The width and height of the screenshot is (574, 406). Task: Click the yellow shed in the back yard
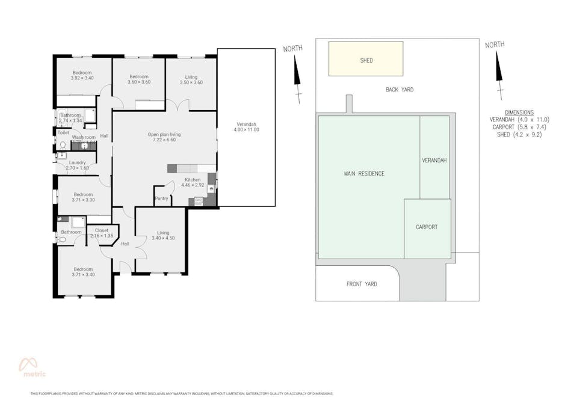click(366, 59)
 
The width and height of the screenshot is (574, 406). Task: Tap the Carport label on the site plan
click(427, 227)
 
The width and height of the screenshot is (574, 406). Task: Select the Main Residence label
click(364, 174)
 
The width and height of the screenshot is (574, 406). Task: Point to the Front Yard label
click(362, 284)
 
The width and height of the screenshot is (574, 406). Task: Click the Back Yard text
click(400, 90)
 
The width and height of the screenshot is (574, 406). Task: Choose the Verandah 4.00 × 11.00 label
click(247, 127)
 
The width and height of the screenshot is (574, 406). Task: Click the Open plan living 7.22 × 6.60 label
click(164, 137)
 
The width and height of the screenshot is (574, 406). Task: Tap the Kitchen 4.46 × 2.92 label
click(193, 183)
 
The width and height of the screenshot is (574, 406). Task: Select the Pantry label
click(161, 198)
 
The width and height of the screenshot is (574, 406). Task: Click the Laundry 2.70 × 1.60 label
click(77, 165)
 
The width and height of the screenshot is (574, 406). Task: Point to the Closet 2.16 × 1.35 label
click(101, 233)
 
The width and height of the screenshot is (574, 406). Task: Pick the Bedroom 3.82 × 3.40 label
click(82, 75)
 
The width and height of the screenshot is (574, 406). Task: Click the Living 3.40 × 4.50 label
click(163, 235)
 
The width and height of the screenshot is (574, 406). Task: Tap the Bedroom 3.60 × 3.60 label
click(139, 79)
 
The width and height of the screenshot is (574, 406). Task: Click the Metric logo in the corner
click(29, 367)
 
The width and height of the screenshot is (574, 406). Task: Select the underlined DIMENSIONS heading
click(519, 112)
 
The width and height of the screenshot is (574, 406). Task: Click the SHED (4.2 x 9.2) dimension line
click(519, 135)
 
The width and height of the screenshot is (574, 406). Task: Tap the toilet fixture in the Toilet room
click(62, 145)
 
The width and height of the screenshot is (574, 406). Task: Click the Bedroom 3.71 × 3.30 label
click(83, 197)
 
